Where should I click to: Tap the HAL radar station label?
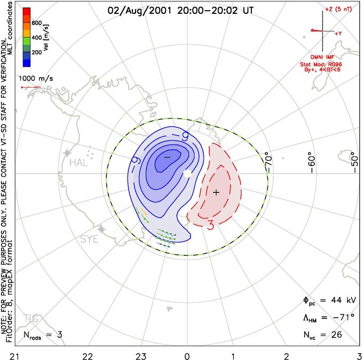tap(78, 162)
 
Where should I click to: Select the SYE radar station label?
tap(89, 239)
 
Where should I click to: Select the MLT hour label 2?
tap(286, 355)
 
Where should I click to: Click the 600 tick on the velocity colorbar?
tap(37, 22)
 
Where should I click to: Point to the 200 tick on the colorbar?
tap(37, 53)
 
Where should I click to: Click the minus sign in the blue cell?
tap(167, 157)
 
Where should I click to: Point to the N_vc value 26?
tap(336, 335)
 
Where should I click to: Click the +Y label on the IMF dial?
tap(338, 33)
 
